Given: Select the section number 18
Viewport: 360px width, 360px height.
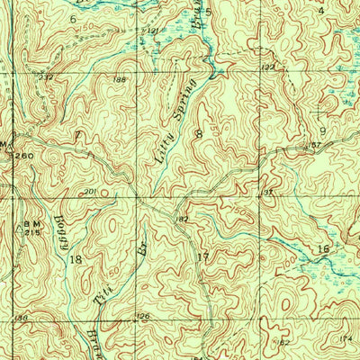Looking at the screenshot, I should tap(76, 258).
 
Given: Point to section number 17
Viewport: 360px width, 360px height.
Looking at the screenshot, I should tap(202, 257).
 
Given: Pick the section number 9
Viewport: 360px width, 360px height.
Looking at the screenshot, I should tap(322, 130).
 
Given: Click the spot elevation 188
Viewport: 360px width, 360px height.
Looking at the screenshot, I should tap(121, 80).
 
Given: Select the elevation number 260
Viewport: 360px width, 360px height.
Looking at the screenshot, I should tap(23, 156).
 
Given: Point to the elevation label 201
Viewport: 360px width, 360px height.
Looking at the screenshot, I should tap(90, 191).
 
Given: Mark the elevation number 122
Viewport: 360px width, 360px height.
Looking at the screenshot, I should tap(266, 67).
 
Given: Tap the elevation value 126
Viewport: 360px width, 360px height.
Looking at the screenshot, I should tap(141, 315).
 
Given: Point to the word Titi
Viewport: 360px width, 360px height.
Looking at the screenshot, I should tap(106, 290).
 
